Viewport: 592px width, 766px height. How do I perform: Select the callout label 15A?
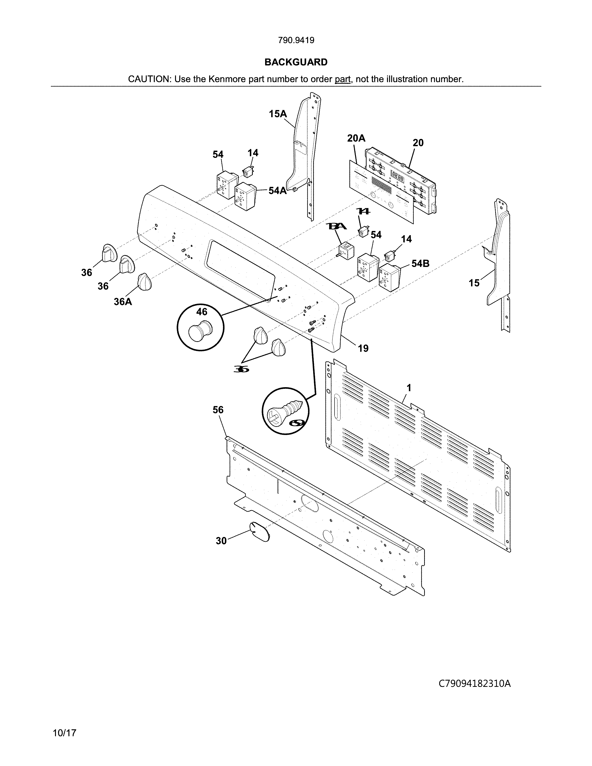278,114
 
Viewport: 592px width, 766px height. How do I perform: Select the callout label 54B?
420,263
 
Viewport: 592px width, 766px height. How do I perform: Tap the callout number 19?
363,348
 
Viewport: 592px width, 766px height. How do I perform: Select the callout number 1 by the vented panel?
409,388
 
